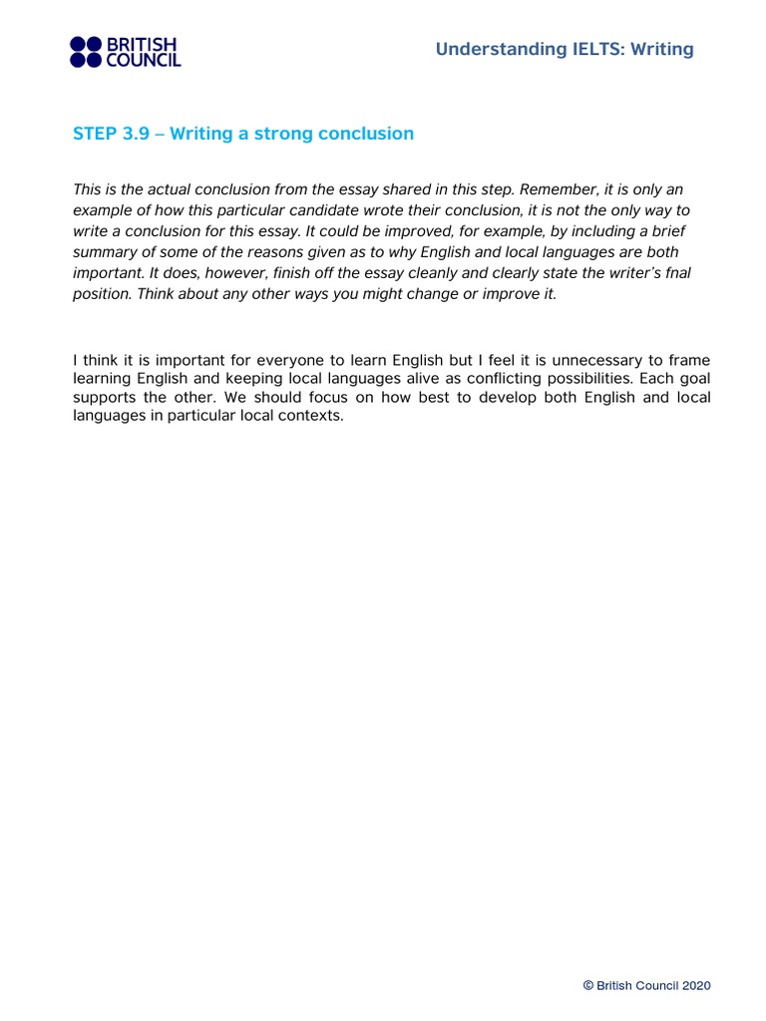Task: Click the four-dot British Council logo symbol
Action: (x=86, y=52)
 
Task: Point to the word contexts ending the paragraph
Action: (x=312, y=417)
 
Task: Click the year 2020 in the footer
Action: (x=696, y=986)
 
